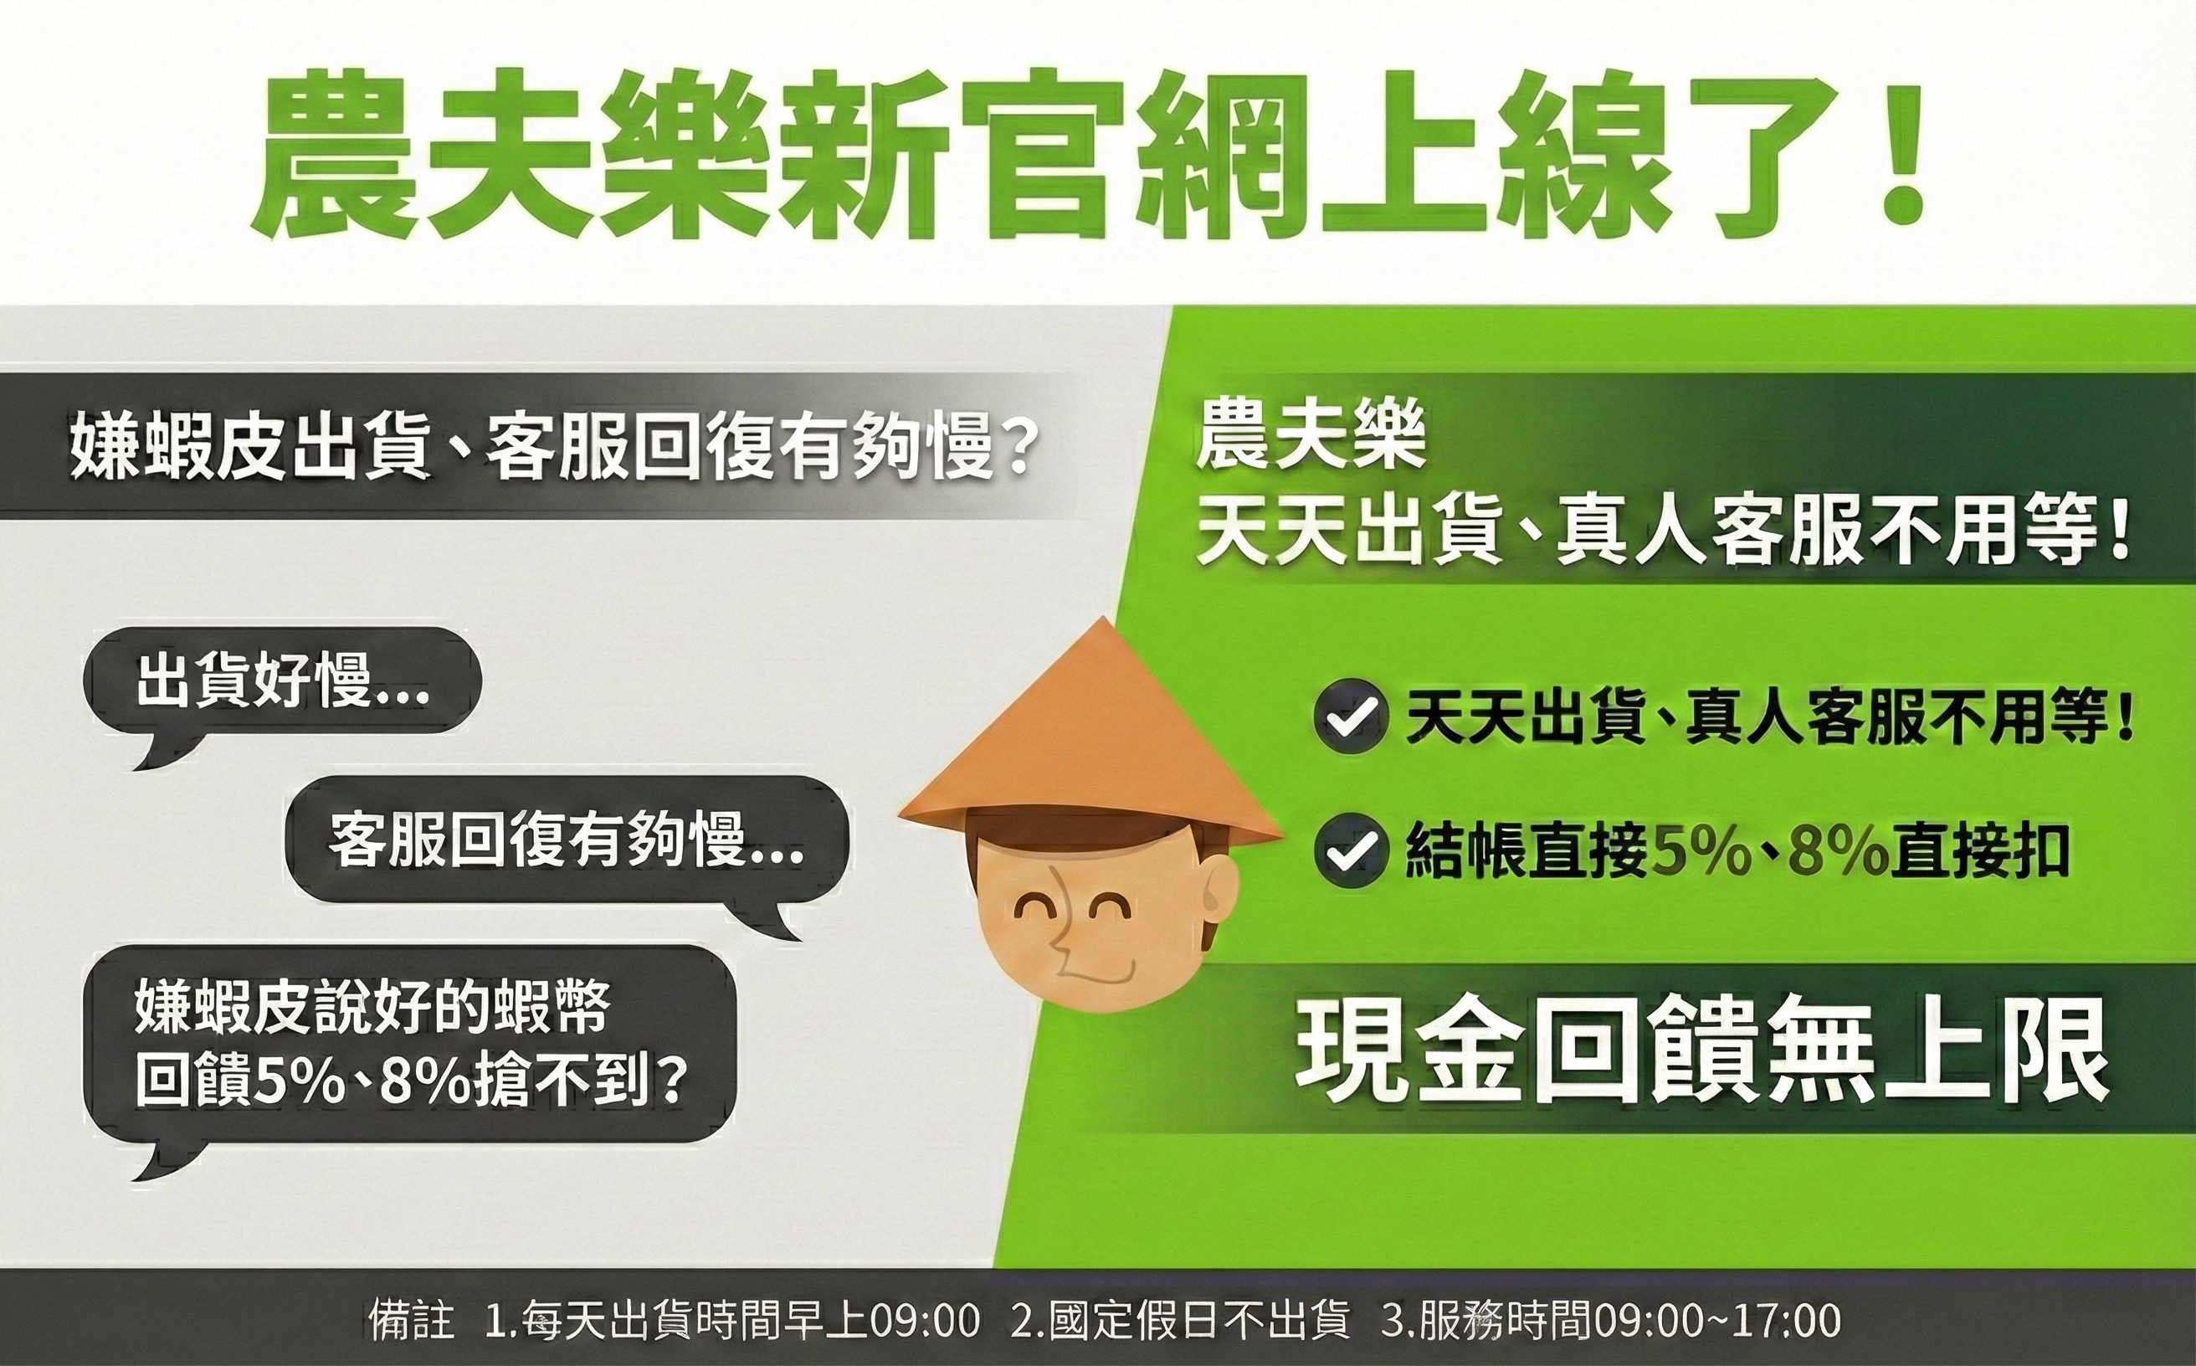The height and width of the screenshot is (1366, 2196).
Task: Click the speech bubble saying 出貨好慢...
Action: [x=282, y=680]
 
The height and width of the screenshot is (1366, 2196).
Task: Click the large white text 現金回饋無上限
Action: [x=1702, y=1050]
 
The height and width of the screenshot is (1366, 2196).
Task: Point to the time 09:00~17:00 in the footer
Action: [x=1716, y=1321]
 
